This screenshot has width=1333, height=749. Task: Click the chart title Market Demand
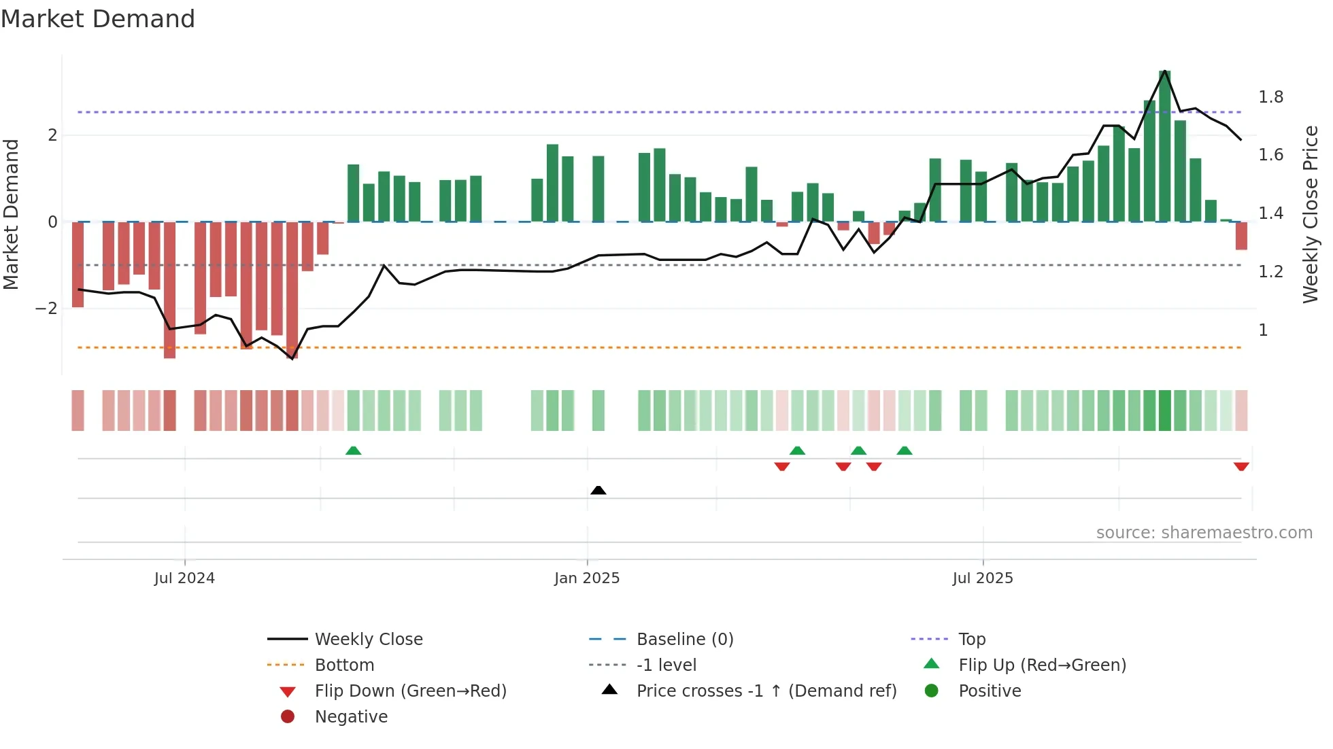click(98, 19)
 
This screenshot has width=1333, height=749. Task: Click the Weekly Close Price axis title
click(1310, 214)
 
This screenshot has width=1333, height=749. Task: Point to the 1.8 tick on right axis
click(1270, 97)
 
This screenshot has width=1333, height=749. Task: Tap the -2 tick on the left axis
click(46, 309)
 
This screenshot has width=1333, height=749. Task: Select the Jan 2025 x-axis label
click(586, 578)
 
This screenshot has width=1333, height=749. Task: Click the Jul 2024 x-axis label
click(184, 578)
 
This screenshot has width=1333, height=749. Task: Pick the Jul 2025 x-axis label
click(982, 578)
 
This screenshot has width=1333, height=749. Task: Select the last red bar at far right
click(1241, 236)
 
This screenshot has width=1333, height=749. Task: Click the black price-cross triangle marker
click(598, 490)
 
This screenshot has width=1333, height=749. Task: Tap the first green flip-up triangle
click(353, 451)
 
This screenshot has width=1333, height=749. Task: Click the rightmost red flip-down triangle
click(1241, 466)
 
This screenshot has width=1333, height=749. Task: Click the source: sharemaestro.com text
click(1204, 533)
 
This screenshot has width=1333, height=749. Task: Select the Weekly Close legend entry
click(368, 640)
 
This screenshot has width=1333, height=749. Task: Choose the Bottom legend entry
click(344, 665)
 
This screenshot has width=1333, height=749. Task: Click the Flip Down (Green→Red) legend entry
click(410, 691)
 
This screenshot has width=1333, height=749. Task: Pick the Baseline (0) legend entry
click(684, 640)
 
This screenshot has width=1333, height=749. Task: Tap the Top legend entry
click(971, 640)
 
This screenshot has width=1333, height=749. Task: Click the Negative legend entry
click(351, 717)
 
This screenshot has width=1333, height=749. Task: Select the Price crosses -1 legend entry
click(766, 691)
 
